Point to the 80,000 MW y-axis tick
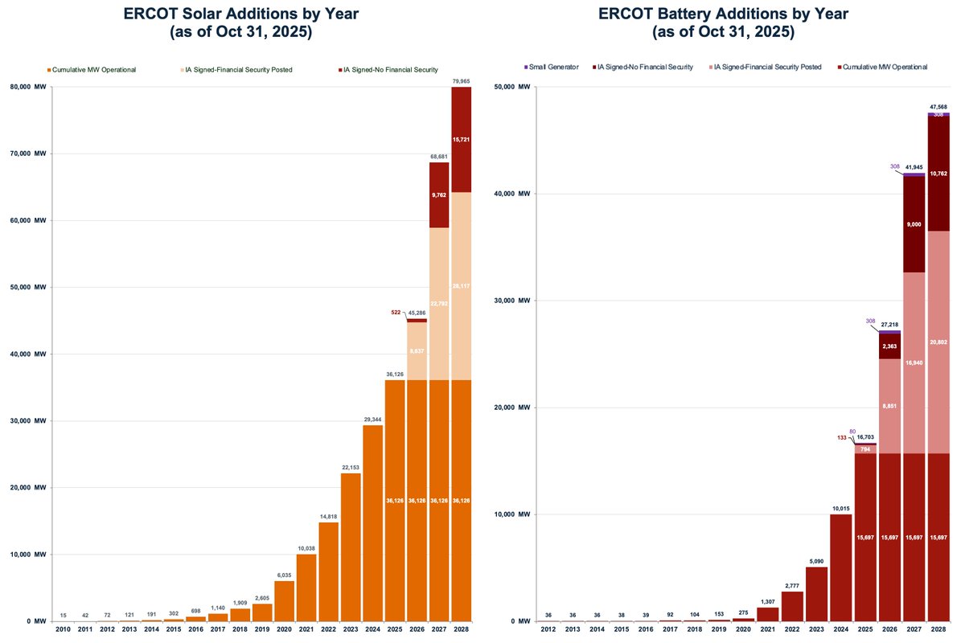[x=30, y=87]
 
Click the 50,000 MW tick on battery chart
[x=510, y=87]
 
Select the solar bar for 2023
[x=350, y=547]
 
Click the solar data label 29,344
[x=372, y=419]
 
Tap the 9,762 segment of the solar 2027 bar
[x=438, y=195]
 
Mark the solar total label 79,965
[x=461, y=80]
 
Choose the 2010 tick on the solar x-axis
[x=62, y=630]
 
